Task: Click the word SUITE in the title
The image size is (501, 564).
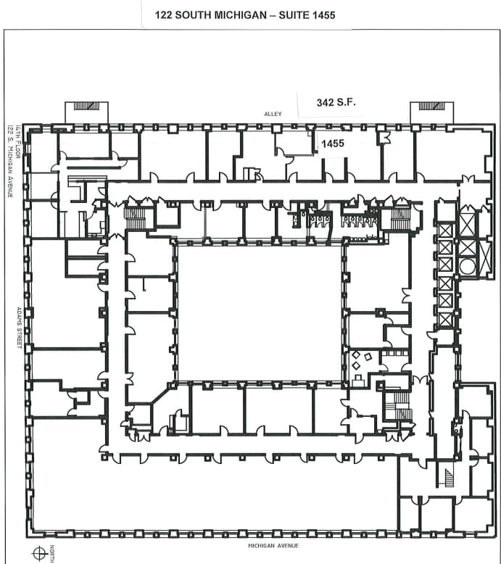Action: (x=286, y=14)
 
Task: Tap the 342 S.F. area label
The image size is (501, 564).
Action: (x=336, y=103)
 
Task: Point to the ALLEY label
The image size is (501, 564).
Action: (x=272, y=115)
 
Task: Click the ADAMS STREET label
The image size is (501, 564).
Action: (x=20, y=327)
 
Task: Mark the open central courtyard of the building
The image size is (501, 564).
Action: (x=259, y=312)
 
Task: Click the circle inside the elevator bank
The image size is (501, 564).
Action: (x=468, y=266)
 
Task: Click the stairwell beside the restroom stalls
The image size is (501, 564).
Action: (x=400, y=218)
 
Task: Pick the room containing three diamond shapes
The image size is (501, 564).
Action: (x=362, y=360)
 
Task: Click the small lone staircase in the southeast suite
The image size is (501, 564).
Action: (x=447, y=478)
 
